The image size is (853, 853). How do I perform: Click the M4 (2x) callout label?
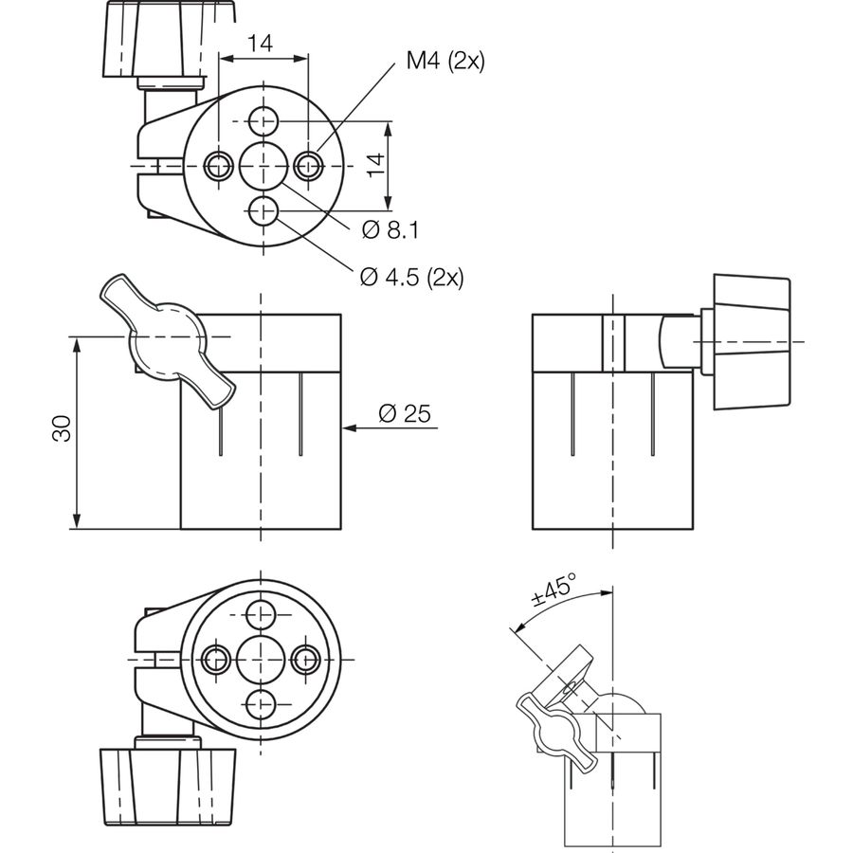(x=445, y=61)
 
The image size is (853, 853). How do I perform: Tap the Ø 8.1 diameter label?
(x=390, y=230)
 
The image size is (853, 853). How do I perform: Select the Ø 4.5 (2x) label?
(x=412, y=278)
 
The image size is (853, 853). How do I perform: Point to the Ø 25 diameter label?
(x=405, y=413)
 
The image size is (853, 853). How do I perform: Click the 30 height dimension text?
(x=62, y=428)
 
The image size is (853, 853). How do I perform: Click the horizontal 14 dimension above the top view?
(x=260, y=43)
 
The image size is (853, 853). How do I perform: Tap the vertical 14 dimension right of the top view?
(x=375, y=165)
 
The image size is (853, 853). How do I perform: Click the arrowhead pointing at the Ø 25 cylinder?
(x=350, y=428)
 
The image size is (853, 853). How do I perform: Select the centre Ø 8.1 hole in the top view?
(x=263, y=165)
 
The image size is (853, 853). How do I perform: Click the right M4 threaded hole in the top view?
(x=308, y=165)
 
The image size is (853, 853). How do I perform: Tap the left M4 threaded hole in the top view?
(x=219, y=165)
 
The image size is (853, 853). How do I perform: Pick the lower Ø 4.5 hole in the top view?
(x=263, y=210)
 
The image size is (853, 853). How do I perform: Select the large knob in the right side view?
(x=752, y=342)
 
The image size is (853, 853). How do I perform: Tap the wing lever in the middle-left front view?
(x=168, y=341)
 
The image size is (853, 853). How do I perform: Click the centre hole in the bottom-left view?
(x=262, y=660)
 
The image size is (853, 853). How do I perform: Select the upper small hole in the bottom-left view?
(x=262, y=615)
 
